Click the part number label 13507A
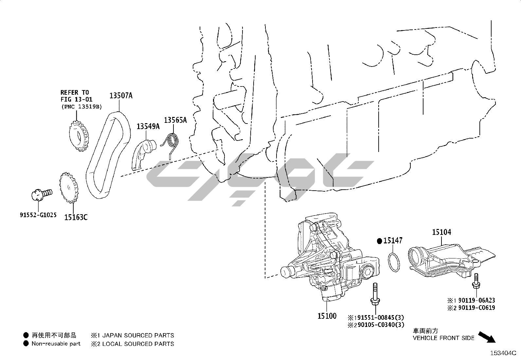click(121, 96)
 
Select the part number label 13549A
click(148, 126)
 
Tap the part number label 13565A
click(175, 120)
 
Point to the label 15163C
click(76, 217)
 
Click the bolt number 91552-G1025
click(38, 215)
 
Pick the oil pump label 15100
click(327, 316)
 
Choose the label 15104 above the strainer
click(441, 232)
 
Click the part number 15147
click(393, 241)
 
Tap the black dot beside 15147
click(380, 241)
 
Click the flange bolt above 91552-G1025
click(41, 194)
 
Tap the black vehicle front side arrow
click(487, 337)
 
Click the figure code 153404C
click(503, 353)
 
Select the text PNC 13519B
click(81, 106)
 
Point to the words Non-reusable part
click(56, 344)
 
